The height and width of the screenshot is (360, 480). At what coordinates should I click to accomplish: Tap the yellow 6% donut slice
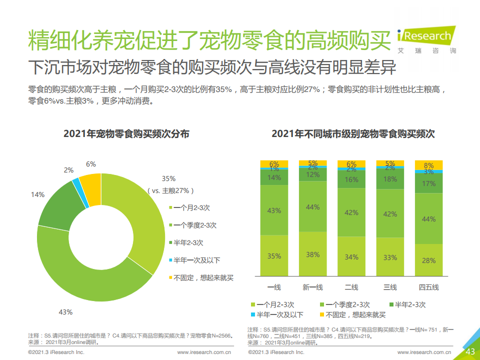click(x=91, y=183)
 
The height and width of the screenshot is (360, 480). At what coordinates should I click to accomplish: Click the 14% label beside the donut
click(x=38, y=194)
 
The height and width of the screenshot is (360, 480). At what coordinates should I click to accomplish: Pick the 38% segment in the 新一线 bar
click(x=313, y=254)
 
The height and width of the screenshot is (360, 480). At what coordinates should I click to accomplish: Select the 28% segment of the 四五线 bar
click(x=428, y=260)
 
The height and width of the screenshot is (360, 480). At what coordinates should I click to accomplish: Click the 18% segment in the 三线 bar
click(x=390, y=179)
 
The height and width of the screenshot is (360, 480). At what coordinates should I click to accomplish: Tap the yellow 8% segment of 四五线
click(x=428, y=165)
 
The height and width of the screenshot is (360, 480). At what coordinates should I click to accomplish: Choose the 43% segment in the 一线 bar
click(x=274, y=210)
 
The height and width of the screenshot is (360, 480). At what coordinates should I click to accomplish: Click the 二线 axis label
click(x=351, y=287)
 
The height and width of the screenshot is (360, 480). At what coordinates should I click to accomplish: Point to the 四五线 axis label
click(x=428, y=287)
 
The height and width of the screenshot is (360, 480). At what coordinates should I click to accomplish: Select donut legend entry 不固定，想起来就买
click(x=203, y=277)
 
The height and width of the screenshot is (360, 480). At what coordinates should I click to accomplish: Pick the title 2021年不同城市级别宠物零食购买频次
click(x=353, y=134)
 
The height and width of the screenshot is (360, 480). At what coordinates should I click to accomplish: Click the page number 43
click(x=470, y=352)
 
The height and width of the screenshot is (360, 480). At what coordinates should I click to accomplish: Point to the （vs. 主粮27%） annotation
click(x=170, y=190)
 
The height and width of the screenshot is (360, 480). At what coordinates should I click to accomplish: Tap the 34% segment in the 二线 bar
click(x=351, y=257)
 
